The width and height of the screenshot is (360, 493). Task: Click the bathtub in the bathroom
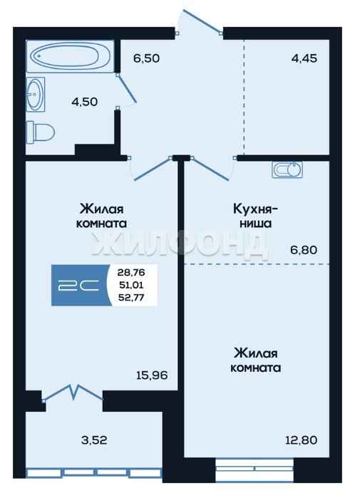point(70,56)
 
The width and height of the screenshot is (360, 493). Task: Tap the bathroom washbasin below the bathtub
point(35,94)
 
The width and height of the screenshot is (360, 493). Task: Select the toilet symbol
point(41,132)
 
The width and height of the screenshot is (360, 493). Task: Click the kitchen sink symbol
point(287,170)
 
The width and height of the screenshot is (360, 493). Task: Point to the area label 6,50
point(146,58)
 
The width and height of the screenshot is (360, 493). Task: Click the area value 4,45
point(304,58)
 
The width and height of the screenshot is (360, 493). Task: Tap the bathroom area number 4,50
point(85,102)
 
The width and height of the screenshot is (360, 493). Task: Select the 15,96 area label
point(152,375)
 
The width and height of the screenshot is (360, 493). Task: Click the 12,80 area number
point(301,440)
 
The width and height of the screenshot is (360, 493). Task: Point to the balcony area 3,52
point(94,440)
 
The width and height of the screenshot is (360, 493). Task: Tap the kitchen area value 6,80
point(304,250)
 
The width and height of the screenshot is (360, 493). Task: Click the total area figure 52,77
point(131,297)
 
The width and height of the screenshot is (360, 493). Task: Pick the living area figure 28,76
point(131,272)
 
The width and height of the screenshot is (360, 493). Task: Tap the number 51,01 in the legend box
point(131,285)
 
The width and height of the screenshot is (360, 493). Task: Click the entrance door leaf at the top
point(202,21)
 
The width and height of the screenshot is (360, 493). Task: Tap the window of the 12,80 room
point(254,469)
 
